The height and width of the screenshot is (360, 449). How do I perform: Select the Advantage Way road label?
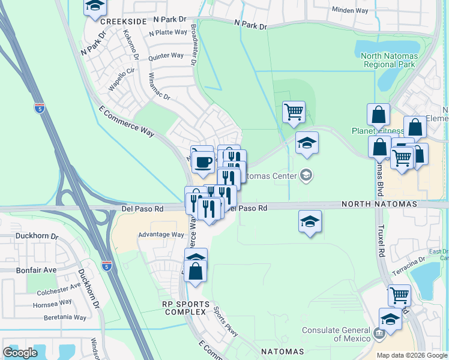pyautogui.click(x=161, y=235)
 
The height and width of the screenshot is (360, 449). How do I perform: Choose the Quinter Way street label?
pyautogui.click(x=166, y=56)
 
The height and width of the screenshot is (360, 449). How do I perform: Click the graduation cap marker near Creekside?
pyautogui.click(x=94, y=7)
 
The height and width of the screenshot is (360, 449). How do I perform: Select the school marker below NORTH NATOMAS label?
pyautogui.click(x=309, y=221)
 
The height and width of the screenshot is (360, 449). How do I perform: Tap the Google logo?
pyautogui.click(x=20, y=353)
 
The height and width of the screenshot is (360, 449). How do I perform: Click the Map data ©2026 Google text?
pyautogui.click(x=412, y=355)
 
